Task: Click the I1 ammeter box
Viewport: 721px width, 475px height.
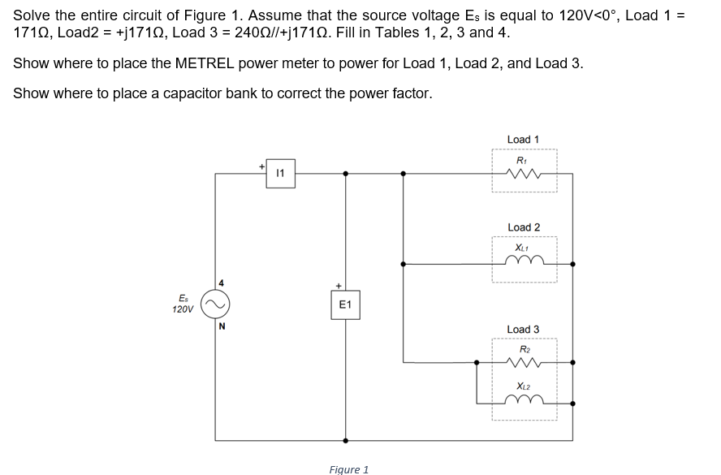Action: coord(280,173)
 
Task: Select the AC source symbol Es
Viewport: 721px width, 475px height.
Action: coord(217,305)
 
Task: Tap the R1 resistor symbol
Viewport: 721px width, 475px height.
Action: coord(523,173)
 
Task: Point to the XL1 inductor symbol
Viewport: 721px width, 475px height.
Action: coord(523,262)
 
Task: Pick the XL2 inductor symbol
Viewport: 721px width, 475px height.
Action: coord(523,401)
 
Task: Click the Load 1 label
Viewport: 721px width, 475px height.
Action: coord(523,140)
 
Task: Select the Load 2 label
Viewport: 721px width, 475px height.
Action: coord(523,227)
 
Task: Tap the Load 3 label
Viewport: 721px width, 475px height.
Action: coord(523,329)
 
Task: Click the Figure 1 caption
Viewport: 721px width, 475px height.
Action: coord(349,469)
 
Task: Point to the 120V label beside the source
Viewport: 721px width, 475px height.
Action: coord(183,309)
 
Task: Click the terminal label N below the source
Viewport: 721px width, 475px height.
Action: coord(219,328)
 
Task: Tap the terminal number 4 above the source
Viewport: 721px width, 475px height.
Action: coord(219,283)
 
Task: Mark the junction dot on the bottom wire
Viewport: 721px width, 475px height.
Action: coord(346,441)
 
